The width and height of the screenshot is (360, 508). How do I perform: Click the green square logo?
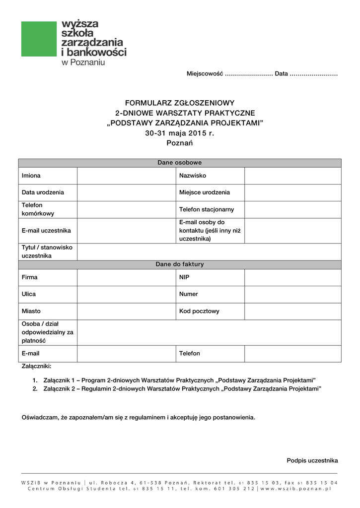pyautogui.click(x=39, y=39)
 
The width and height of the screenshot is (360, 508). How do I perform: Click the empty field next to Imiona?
pyautogui.click(x=127, y=176)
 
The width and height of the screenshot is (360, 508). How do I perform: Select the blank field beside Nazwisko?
pyautogui.click(x=292, y=176)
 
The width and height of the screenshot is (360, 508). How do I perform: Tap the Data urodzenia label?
pyautogui.click(x=43, y=192)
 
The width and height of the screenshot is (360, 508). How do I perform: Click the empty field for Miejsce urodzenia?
pyautogui.click(x=292, y=192)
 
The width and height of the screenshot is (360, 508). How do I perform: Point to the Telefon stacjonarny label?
pyautogui.click(x=207, y=209)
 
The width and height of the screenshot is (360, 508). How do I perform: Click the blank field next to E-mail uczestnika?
pyautogui.click(x=127, y=230)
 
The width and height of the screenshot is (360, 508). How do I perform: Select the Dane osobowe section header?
pyautogui.click(x=180, y=163)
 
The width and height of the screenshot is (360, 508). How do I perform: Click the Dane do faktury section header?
pyautogui.click(x=180, y=264)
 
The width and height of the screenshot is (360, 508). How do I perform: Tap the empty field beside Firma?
pyautogui.click(x=127, y=277)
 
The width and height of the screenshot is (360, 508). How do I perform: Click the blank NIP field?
pyautogui.click(x=292, y=277)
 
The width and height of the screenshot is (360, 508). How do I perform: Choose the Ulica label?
pyautogui.click(x=29, y=294)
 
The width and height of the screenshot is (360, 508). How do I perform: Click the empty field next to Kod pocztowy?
pyautogui.click(x=292, y=311)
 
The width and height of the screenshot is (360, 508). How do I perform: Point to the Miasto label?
pyautogui.click(x=31, y=311)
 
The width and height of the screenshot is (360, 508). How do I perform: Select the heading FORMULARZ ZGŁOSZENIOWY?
pyautogui.click(x=180, y=103)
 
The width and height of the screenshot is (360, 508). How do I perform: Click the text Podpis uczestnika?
pyautogui.click(x=312, y=460)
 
